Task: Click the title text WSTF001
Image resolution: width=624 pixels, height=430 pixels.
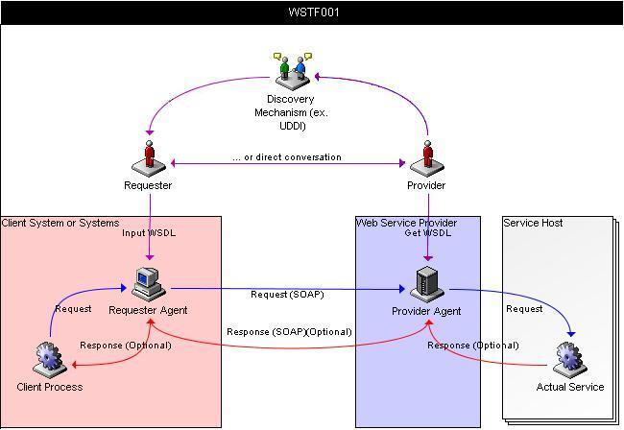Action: click(313, 12)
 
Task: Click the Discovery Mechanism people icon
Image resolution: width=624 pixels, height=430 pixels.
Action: click(292, 69)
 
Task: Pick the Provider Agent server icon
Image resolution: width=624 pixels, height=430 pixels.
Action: click(426, 284)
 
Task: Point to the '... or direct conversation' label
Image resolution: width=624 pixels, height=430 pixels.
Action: click(286, 157)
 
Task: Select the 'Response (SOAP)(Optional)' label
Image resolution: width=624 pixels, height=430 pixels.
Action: click(289, 332)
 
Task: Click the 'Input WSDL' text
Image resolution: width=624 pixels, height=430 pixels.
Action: click(149, 233)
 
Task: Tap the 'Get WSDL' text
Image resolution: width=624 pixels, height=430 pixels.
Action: click(426, 233)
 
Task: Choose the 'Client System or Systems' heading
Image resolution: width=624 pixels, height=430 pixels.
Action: click(60, 223)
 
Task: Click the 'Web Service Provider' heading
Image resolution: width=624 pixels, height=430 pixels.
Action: click(406, 223)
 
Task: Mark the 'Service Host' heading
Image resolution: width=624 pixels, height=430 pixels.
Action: click(534, 223)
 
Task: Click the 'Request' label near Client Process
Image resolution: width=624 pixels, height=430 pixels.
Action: click(73, 309)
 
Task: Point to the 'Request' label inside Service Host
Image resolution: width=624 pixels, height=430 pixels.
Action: click(524, 309)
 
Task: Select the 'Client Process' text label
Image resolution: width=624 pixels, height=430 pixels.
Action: click(50, 387)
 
